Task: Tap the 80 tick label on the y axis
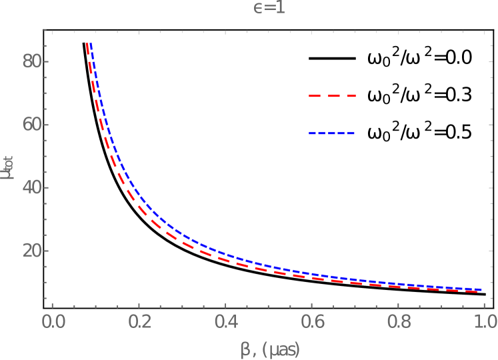tap(32, 61)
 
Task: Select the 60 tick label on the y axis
tap(32, 125)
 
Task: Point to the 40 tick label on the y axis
tap(32, 187)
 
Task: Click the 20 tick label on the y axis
tap(32, 251)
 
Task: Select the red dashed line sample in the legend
tap(332, 96)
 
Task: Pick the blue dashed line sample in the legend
tap(332, 133)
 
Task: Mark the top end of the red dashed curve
tap(86, 44)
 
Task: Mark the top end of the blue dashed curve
tap(91, 44)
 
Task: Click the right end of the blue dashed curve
tap(482, 289)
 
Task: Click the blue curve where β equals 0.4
tap(225, 255)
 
